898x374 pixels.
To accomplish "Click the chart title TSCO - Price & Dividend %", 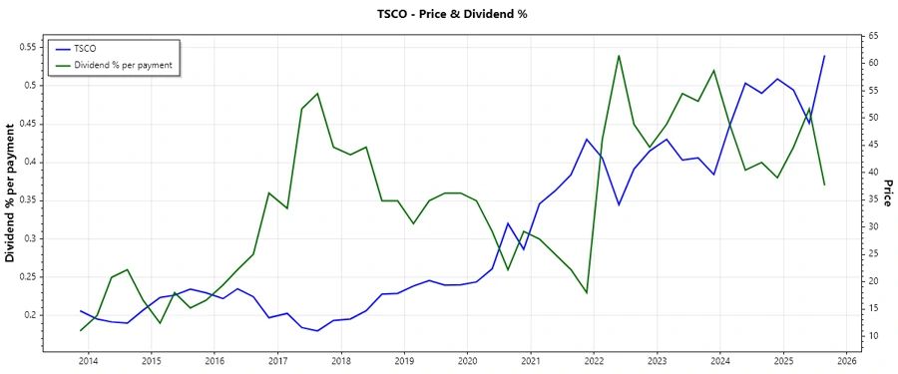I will (448, 14).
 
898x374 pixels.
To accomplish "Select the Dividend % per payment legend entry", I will (123, 64).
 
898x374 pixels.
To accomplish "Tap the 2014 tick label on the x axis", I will (88, 361).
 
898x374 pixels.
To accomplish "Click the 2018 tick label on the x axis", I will (341, 361).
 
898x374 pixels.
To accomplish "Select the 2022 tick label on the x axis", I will (594, 361).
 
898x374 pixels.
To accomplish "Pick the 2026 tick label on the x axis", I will (847, 361).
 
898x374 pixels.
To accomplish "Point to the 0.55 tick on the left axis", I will (27, 47).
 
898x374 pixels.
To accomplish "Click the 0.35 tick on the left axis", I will (27, 200).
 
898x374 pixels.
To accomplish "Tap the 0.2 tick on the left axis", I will (30, 315).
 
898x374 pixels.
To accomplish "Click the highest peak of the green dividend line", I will (620, 55).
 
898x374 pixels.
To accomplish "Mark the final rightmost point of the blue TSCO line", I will (824, 56).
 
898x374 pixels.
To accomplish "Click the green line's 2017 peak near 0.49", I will (317, 94).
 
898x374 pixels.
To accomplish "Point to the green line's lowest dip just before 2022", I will (587, 292).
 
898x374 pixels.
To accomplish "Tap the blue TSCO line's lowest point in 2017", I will (317, 331).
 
